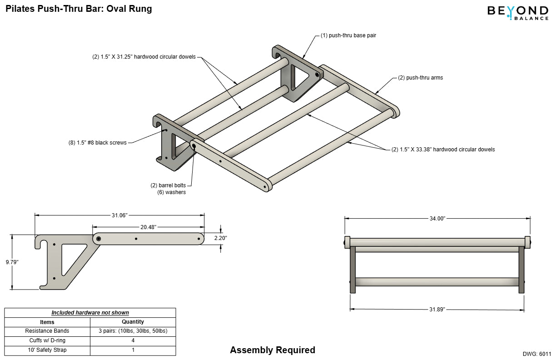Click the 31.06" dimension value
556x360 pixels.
click(x=120, y=215)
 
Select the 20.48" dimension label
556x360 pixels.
click(x=148, y=226)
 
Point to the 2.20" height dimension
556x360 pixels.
click(x=220, y=238)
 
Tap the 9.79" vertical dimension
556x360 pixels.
click(x=12, y=262)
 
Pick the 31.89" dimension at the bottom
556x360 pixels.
click(x=437, y=309)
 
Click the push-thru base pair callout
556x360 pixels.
click(x=348, y=35)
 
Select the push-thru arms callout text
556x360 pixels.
click(x=420, y=78)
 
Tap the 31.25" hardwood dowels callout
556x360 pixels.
click(x=144, y=57)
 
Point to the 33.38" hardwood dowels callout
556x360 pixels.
click(x=443, y=149)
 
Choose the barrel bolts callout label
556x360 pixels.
click(x=168, y=185)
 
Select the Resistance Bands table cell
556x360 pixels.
click(x=47, y=331)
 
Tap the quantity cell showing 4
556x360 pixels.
click(x=133, y=340)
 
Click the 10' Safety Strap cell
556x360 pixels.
click(x=47, y=350)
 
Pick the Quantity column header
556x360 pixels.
click(x=133, y=322)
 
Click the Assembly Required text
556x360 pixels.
click(x=272, y=350)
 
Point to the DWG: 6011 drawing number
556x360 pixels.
click(x=537, y=354)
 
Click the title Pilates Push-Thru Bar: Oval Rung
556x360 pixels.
click(x=79, y=9)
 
